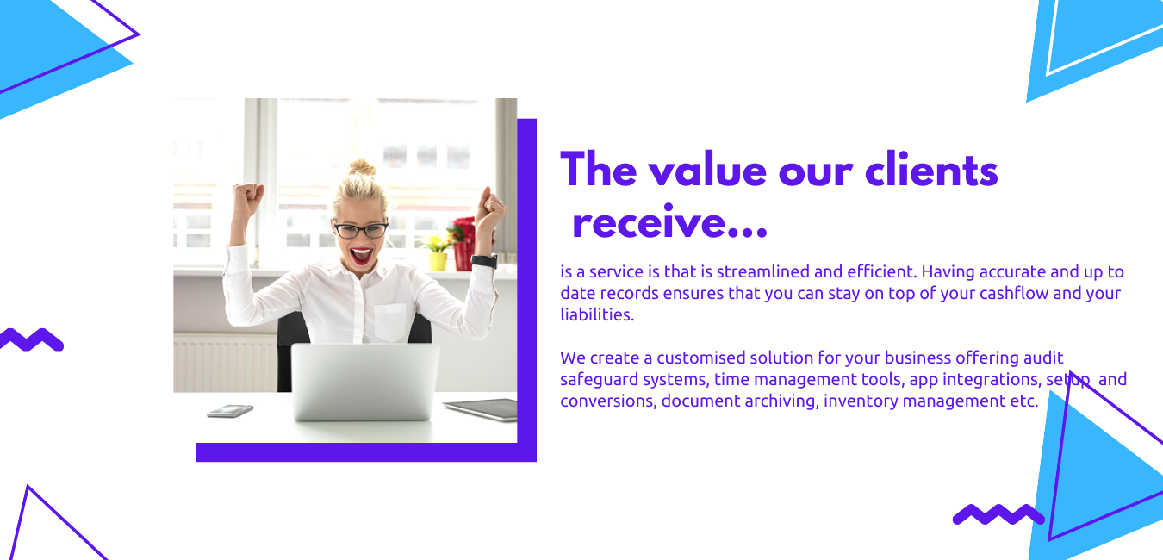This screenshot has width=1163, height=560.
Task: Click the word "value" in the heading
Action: (x=707, y=171)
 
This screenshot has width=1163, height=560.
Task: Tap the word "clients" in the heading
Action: (x=931, y=169)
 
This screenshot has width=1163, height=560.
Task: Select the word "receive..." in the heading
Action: (x=669, y=222)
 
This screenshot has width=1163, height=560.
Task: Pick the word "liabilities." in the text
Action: (x=597, y=314)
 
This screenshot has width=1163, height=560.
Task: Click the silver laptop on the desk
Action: (x=364, y=381)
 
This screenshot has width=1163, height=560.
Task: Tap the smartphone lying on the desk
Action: (x=230, y=411)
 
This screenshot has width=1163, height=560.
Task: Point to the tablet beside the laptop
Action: (x=482, y=409)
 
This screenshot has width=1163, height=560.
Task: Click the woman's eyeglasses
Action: (x=360, y=229)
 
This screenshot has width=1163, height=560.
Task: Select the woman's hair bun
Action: (x=362, y=167)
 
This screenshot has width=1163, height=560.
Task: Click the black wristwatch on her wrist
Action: (x=485, y=260)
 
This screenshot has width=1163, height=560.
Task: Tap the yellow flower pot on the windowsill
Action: (x=437, y=260)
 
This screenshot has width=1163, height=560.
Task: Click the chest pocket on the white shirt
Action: (x=390, y=321)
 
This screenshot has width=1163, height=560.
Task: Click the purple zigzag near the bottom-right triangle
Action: (x=998, y=513)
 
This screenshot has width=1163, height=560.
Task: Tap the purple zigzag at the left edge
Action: (x=31, y=339)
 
